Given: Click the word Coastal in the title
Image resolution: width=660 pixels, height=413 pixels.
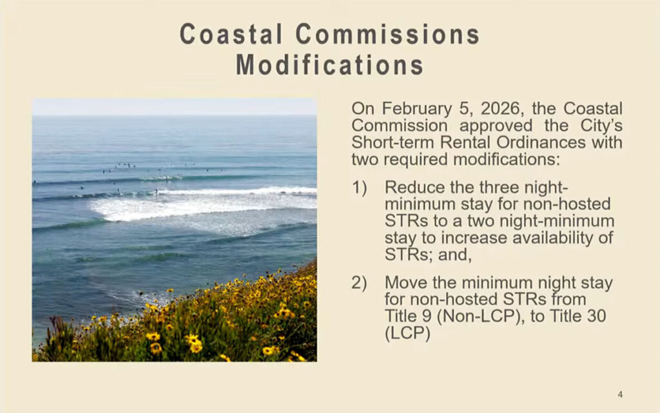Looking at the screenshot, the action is [x=231, y=34].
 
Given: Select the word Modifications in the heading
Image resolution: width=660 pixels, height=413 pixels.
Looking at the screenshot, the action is [x=329, y=65].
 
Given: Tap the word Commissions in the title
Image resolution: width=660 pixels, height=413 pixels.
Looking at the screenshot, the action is [x=387, y=34].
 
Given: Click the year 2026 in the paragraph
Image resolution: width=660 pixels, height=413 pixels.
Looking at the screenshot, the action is [x=500, y=108].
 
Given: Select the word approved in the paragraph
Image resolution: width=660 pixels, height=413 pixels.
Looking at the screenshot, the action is [x=496, y=126].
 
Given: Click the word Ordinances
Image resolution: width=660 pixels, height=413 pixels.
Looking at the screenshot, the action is [x=541, y=142].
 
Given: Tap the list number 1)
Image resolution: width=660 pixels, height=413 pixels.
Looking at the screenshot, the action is [x=359, y=187].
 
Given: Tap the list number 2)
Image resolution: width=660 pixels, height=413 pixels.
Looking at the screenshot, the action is [x=359, y=283].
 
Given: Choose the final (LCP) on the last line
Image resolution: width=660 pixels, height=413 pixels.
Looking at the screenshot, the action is [x=407, y=334].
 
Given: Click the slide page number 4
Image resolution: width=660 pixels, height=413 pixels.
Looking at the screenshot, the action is [x=620, y=394].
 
